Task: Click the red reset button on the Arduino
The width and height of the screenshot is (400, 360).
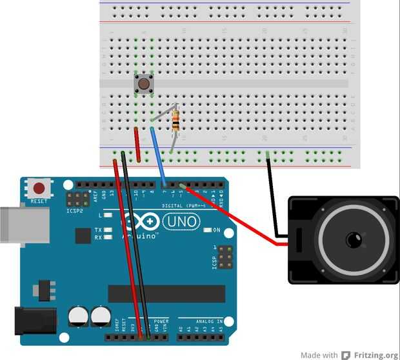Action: click(39, 189)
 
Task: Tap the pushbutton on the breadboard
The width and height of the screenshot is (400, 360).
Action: click(143, 83)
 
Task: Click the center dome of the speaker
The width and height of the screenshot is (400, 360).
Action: click(354, 240)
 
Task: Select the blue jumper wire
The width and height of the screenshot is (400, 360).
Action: click(158, 155)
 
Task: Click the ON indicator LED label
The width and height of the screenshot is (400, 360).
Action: click(216, 230)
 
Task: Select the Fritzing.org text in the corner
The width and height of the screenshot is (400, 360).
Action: click(375, 355)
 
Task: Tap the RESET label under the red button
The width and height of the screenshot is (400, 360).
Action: click(39, 201)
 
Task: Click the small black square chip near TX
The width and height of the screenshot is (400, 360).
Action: click(83, 235)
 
